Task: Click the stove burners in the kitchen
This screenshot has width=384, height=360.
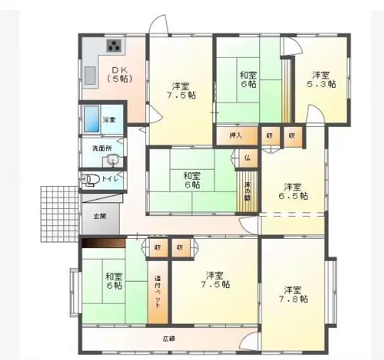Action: [114, 47]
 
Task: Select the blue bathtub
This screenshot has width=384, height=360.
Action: [91, 118]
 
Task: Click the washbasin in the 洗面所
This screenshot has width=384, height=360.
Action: [113, 160]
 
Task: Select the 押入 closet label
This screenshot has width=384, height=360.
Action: [235, 135]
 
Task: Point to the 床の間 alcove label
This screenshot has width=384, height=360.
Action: [247, 191]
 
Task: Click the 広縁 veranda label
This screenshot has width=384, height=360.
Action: [169, 338]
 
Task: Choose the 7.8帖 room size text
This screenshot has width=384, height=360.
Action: [292, 299]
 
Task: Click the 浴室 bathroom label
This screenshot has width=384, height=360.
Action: [110, 119]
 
